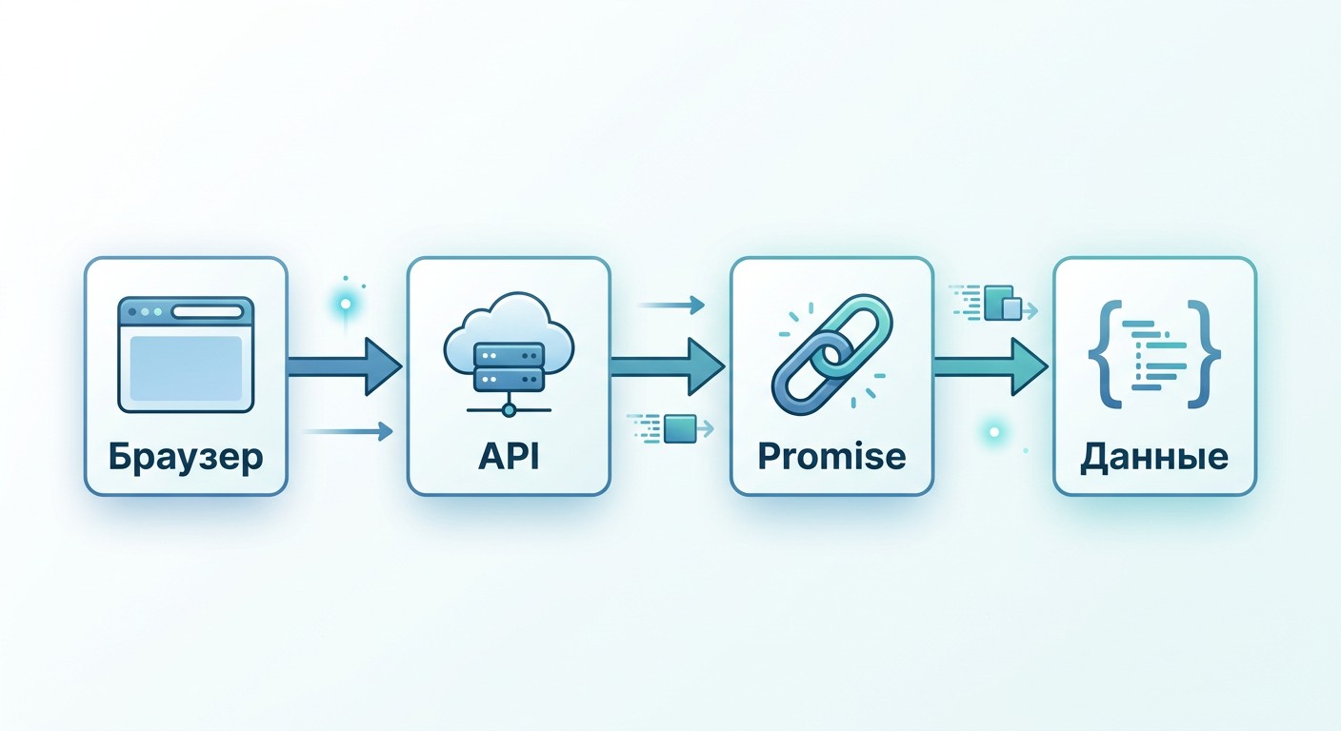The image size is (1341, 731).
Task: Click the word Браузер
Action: [186, 458]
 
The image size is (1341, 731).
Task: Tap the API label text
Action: [509, 457]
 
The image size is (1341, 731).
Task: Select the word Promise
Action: [831, 457]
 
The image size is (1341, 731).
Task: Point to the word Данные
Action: [1154, 458]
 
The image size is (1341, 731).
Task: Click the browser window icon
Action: [186, 355]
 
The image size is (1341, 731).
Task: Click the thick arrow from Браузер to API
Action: [345, 366]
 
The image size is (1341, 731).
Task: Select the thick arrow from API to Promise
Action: [668, 366]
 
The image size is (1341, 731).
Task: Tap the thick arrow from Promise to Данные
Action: [991, 366]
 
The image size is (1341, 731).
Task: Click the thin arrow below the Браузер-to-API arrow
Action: [349, 431]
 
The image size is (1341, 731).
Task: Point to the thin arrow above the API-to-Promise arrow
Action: [671, 306]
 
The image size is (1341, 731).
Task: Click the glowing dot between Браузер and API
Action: [346, 305]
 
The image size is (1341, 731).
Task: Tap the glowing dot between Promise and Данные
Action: [994, 431]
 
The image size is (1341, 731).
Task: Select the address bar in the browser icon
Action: [207, 312]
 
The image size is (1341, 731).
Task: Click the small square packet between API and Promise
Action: [680, 429]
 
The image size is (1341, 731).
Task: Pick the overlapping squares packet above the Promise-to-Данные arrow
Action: [1003, 304]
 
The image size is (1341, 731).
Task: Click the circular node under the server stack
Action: [509, 410]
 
